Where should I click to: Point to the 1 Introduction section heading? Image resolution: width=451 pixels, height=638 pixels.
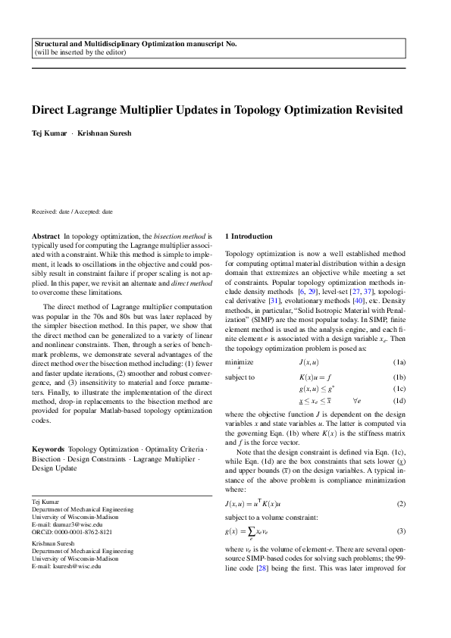[249, 236]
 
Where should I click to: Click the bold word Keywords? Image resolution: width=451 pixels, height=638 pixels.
[48, 449]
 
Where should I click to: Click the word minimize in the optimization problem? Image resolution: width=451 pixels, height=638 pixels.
[240, 363]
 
